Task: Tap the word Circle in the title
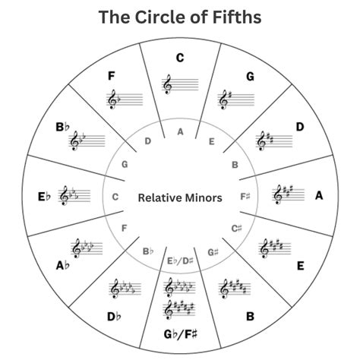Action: click(x=161, y=17)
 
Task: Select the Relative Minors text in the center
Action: click(x=180, y=197)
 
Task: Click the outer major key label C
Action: click(x=180, y=57)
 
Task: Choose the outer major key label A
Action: click(x=319, y=196)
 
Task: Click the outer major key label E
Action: click(x=300, y=265)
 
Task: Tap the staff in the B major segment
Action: click(x=235, y=289)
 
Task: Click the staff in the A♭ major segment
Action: click(x=87, y=248)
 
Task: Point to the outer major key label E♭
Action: click(x=44, y=196)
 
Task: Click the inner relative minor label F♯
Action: click(x=245, y=197)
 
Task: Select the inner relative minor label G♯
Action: click(x=212, y=252)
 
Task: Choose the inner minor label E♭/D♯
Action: click(x=180, y=262)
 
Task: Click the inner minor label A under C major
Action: click(x=180, y=131)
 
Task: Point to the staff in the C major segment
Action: click(x=179, y=83)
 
